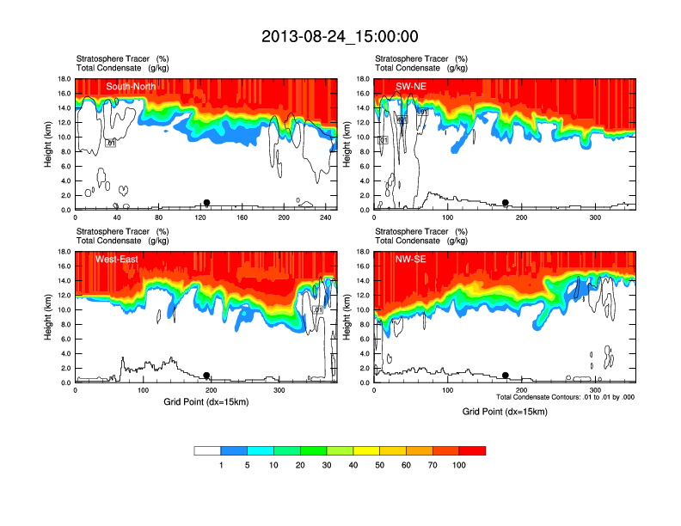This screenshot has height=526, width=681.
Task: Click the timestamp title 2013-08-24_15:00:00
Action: [340, 36]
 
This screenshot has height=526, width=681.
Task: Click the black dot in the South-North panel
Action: [206, 203]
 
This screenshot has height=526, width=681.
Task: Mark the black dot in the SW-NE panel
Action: [506, 203]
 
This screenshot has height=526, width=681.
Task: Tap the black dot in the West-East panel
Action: [207, 376]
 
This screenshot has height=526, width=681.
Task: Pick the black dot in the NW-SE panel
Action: [506, 376]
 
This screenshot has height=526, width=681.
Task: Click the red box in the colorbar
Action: [472, 450]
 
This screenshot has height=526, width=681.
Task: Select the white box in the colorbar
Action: [207, 450]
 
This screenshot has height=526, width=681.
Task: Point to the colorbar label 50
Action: [379, 465]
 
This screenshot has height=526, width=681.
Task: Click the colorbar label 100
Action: [459, 465]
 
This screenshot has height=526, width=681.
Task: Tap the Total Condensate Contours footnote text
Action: [565, 397]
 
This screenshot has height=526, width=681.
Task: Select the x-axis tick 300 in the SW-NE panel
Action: [594, 217]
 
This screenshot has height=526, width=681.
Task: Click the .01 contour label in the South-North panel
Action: [110, 143]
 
